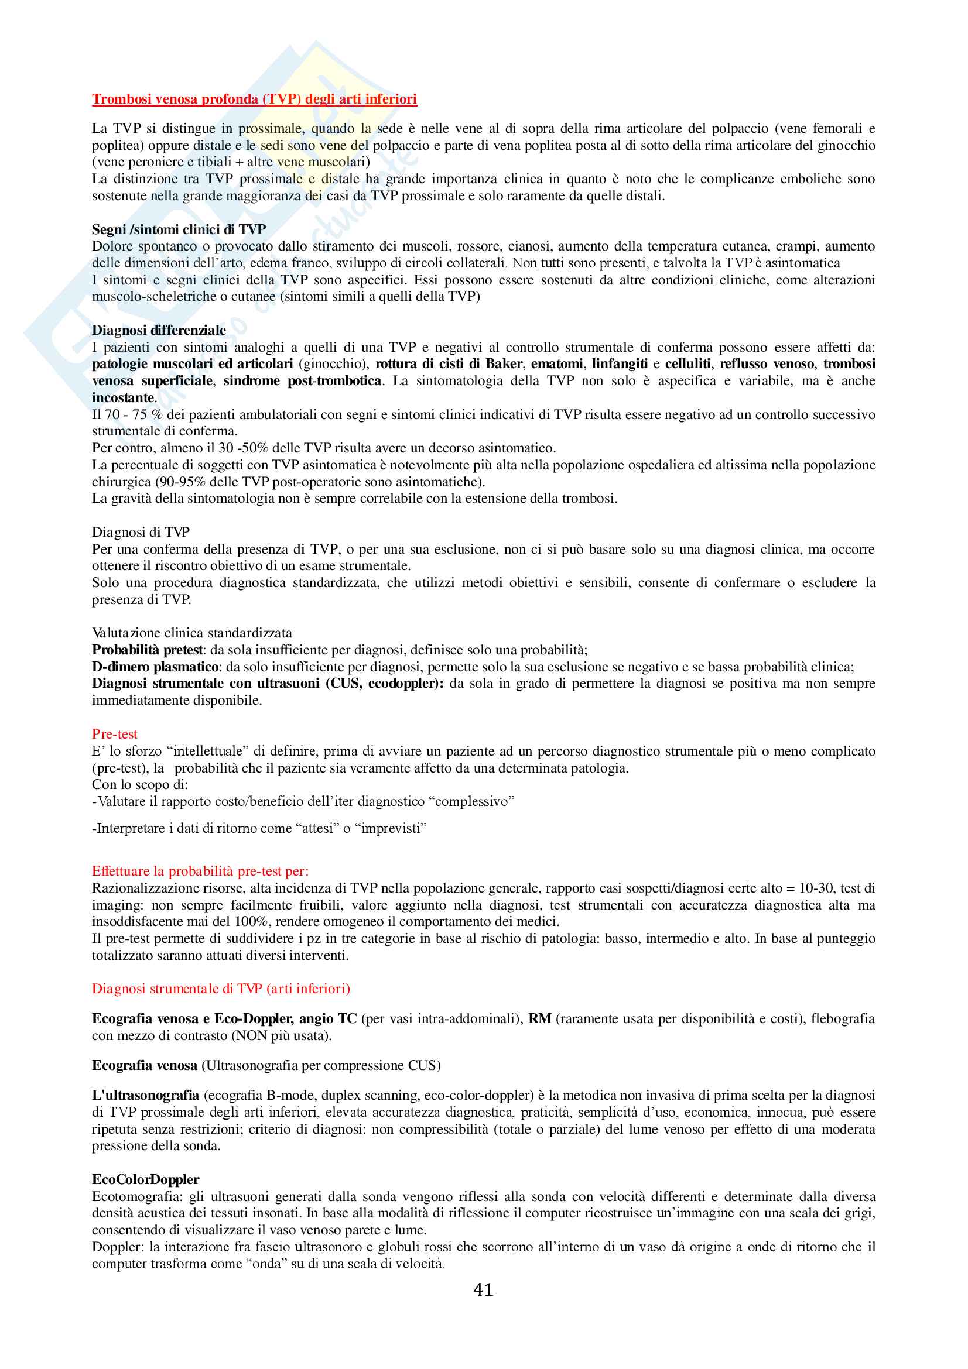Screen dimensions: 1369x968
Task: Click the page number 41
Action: [x=483, y=1290]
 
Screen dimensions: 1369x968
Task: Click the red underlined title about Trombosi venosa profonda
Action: [x=254, y=99]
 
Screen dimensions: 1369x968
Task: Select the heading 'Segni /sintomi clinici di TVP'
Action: [x=179, y=229]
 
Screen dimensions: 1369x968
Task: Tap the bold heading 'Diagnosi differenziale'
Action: [x=159, y=330]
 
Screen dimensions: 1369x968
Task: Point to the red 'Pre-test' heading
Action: [x=115, y=734]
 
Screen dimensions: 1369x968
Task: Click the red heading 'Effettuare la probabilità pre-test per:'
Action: [x=200, y=871]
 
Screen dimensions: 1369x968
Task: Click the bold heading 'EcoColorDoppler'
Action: [x=146, y=1179]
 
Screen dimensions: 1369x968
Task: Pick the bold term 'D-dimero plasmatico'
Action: [x=155, y=667]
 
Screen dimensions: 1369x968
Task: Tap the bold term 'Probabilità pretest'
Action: [x=148, y=650]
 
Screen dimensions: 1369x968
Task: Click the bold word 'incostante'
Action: [x=123, y=397]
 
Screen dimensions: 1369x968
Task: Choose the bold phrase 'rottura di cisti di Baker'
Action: [x=449, y=363]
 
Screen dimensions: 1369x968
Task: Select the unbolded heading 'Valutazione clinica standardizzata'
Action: [x=191, y=633]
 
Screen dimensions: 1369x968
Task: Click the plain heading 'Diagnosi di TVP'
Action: [x=141, y=532]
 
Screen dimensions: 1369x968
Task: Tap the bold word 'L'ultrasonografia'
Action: [x=146, y=1095]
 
